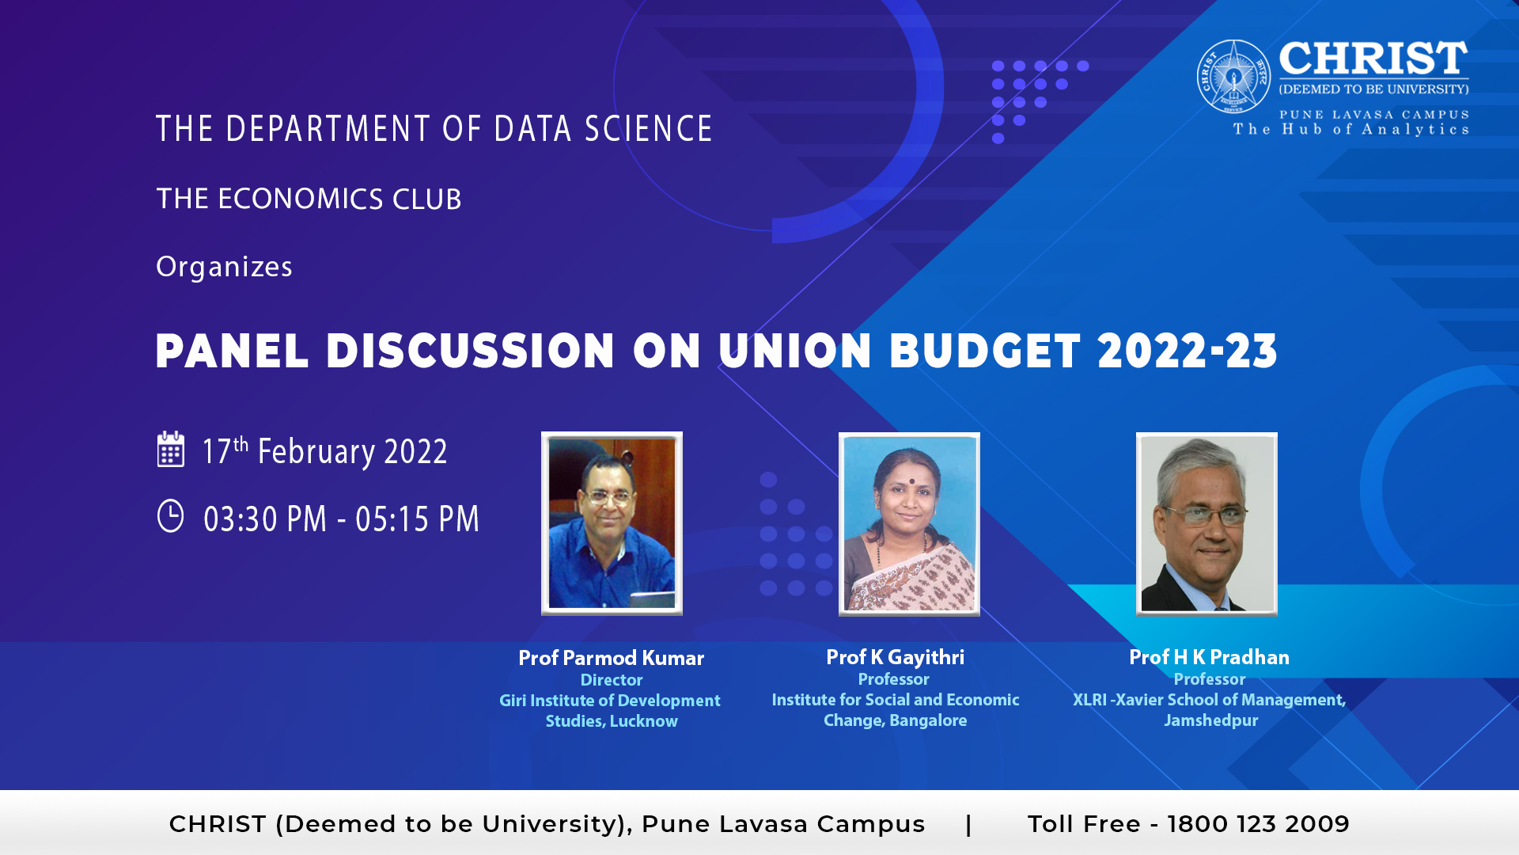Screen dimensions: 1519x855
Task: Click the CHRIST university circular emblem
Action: click(1233, 77)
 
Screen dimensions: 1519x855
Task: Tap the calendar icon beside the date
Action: click(171, 449)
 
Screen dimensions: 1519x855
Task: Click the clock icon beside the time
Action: click(170, 515)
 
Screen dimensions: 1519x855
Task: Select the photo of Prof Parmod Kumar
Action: click(612, 523)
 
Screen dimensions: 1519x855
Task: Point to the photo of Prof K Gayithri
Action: click(909, 524)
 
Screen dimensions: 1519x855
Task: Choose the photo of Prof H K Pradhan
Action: click(1206, 524)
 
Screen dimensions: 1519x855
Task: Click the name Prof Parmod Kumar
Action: click(611, 658)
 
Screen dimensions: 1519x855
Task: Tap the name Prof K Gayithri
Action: click(895, 657)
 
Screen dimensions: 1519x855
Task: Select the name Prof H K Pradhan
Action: click(1209, 657)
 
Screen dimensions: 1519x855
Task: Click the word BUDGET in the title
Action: click(985, 351)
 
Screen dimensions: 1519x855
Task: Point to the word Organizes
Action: click(224, 268)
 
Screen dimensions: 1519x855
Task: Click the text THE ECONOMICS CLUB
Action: click(309, 199)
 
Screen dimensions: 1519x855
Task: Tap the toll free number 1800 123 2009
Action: click(1258, 824)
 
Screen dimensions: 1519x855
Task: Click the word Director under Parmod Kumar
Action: click(612, 680)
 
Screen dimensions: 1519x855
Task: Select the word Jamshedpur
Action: click(1210, 720)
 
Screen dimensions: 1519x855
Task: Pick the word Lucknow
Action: click(643, 721)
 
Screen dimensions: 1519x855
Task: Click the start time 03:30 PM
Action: click(265, 519)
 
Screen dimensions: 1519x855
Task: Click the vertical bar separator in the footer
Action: click(968, 824)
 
